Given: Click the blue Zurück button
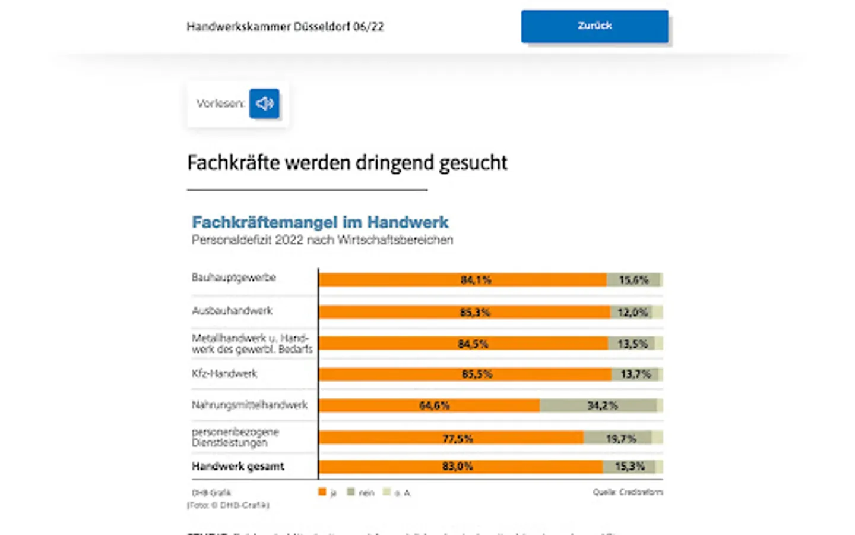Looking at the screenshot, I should [x=594, y=26].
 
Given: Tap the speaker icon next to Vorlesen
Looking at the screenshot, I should [x=264, y=103].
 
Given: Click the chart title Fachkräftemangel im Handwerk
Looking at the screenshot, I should [x=320, y=222].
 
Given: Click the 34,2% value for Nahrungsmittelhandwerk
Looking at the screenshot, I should [x=602, y=405].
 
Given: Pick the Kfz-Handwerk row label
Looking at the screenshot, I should [x=224, y=374].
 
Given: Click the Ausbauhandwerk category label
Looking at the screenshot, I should [x=232, y=311].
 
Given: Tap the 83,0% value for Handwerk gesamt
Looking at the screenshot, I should [x=457, y=467].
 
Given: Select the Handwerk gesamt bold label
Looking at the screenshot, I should [x=238, y=467].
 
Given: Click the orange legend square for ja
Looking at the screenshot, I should [x=322, y=492].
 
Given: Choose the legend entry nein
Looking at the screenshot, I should [x=361, y=492].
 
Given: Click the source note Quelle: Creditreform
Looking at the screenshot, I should [x=627, y=492].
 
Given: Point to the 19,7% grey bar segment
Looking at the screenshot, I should [x=620, y=439].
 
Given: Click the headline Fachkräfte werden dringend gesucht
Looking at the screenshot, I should [x=347, y=163].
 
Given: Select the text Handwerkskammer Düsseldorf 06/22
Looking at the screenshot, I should [x=285, y=27].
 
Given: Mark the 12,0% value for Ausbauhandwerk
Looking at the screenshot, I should [x=632, y=312].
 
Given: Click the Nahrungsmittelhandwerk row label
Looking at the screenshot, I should [x=249, y=405].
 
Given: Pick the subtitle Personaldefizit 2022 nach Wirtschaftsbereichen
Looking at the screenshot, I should [x=322, y=240].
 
